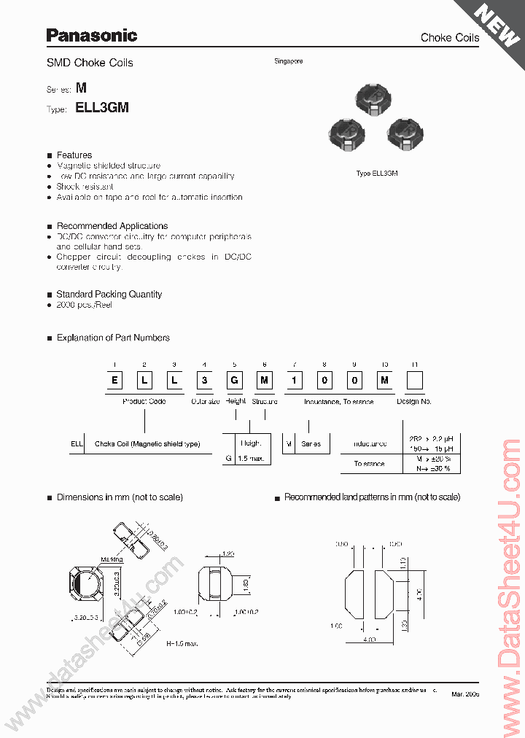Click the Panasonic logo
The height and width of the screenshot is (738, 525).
(x=91, y=35)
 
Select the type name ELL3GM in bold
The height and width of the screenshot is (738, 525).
(x=102, y=107)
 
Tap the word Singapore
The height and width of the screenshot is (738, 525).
(x=289, y=61)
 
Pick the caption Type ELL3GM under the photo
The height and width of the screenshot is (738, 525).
(x=376, y=173)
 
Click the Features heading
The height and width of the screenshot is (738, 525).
(x=74, y=155)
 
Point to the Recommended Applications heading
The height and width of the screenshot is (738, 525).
(x=112, y=226)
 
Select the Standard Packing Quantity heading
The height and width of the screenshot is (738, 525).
(x=109, y=295)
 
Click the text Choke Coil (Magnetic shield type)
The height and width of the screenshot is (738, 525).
(x=147, y=444)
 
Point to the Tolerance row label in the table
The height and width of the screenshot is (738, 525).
(x=370, y=464)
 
